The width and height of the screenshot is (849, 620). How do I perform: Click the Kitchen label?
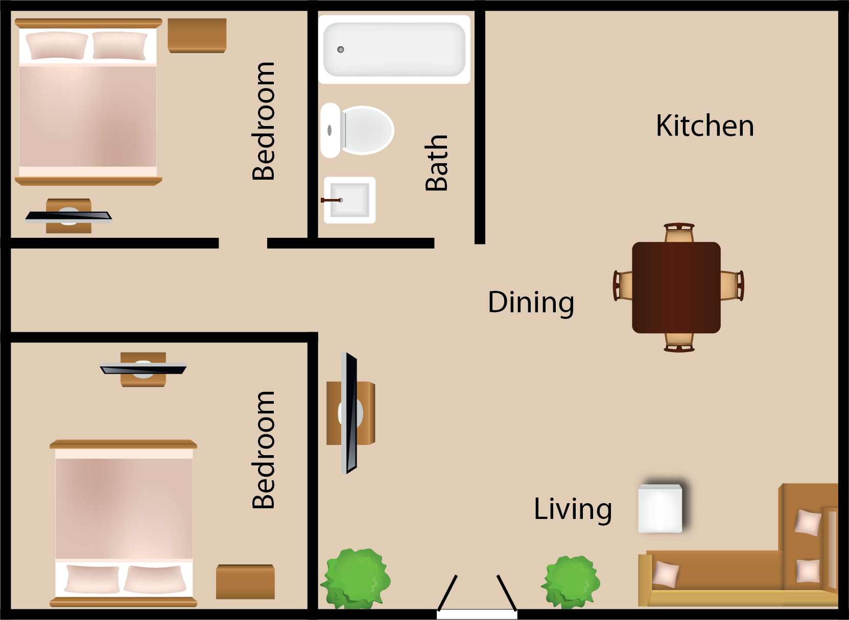(x=705, y=126)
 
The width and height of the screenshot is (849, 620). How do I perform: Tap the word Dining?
(x=531, y=303)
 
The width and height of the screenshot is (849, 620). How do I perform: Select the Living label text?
(x=573, y=510)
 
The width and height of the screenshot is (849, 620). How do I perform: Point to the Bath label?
(x=436, y=163)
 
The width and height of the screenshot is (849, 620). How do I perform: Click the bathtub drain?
(x=340, y=49)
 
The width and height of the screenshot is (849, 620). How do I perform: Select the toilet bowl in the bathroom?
(x=366, y=130)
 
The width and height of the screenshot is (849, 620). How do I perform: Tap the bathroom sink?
(x=349, y=200)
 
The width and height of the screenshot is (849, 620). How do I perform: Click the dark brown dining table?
(x=676, y=288)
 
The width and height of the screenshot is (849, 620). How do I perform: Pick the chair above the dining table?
(x=679, y=232)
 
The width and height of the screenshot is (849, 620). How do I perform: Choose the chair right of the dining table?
(x=732, y=286)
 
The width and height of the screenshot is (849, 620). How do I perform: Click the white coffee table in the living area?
(x=661, y=509)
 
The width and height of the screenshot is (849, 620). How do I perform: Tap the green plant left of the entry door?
(x=356, y=579)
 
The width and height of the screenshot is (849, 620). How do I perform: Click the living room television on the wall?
(x=349, y=413)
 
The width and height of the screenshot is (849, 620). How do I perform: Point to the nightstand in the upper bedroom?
(x=197, y=36)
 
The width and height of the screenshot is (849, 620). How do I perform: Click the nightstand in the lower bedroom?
(x=245, y=582)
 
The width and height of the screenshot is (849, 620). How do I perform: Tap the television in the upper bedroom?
(x=68, y=216)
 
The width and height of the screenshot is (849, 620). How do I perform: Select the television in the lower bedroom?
(x=143, y=368)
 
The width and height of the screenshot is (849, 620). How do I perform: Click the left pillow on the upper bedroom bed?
(x=57, y=46)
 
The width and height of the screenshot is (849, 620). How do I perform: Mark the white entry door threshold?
(x=477, y=614)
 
